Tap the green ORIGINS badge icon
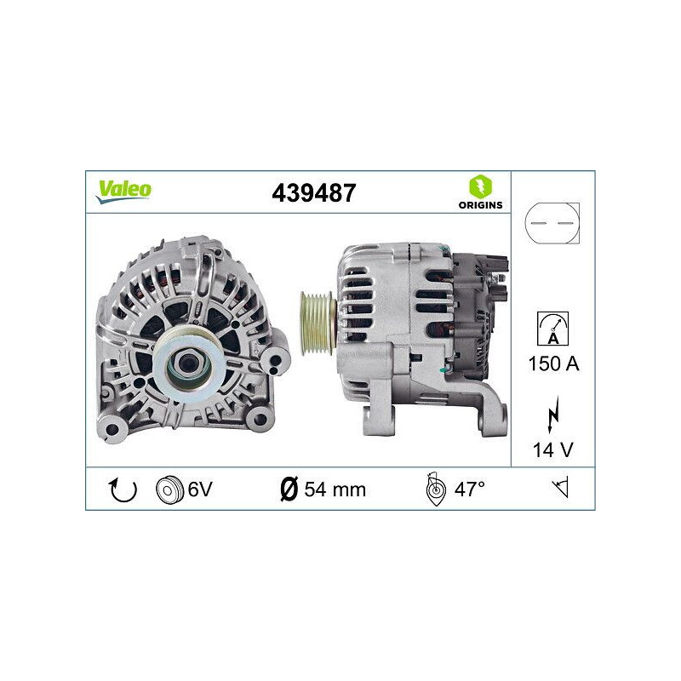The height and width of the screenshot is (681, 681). (x=480, y=186)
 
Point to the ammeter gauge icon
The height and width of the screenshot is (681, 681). (x=552, y=328)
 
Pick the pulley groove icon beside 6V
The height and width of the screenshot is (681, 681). (x=169, y=489)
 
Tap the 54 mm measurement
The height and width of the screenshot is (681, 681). (x=335, y=489)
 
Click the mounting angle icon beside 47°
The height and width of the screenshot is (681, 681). (x=434, y=489)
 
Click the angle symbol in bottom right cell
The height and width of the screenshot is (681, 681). (x=559, y=489)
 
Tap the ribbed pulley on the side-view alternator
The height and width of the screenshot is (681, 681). (x=318, y=321)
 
